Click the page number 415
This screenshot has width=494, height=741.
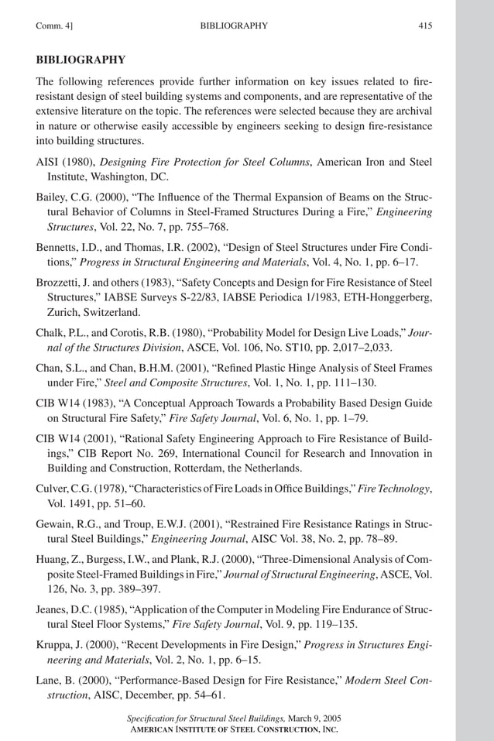424,26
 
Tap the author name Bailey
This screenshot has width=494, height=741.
53,197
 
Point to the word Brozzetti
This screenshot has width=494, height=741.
59,282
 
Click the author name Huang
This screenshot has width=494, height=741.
52,559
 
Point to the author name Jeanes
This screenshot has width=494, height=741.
54,609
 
